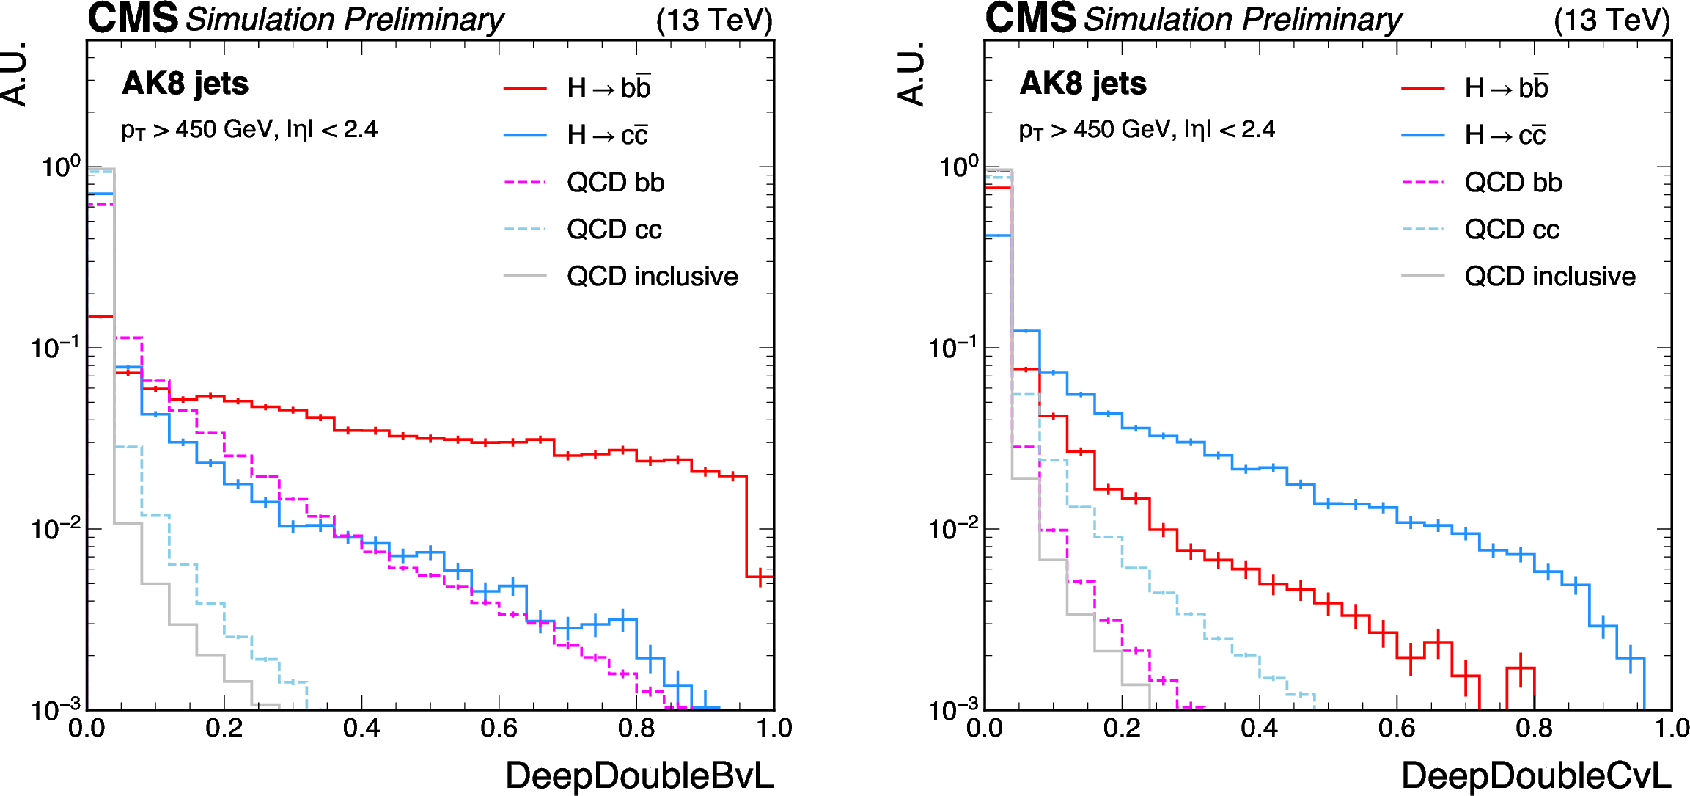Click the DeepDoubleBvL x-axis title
coord(639,775)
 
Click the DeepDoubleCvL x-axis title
coord(1537,775)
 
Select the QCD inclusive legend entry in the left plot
coord(621,277)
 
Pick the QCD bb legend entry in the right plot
coord(1482,182)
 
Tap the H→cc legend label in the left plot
coord(608,135)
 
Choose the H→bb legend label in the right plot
coord(1507,87)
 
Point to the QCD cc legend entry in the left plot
coord(583,230)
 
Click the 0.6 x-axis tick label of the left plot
coord(499,729)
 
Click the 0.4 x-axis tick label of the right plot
coord(1260,729)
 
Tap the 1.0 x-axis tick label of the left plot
coord(774,729)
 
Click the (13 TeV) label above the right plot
coord(1612,20)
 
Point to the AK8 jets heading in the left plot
coord(185,84)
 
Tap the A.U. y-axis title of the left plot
coord(15,74)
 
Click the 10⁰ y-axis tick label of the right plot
coord(959,166)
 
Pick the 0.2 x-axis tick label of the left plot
coord(224,729)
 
